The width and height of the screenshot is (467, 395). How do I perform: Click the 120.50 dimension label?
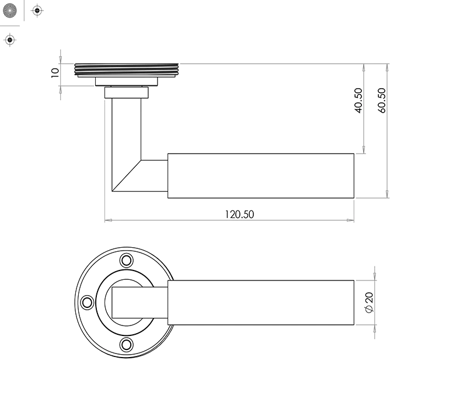pyautogui.click(x=240, y=215)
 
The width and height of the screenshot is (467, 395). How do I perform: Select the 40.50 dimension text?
pyautogui.click(x=358, y=100)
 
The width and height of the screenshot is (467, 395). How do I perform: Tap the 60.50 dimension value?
pyautogui.click(x=382, y=100)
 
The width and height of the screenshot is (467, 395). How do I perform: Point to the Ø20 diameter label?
pyautogui.click(x=369, y=302)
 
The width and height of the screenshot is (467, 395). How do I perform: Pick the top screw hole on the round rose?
pyautogui.click(x=126, y=260)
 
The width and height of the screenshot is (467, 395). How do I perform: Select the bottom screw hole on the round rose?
pyautogui.click(x=126, y=344)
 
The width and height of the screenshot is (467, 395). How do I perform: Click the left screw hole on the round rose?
pyautogui.click(x=86, y=302)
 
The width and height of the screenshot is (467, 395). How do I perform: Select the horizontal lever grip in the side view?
pyautogui.click(x=260, y=175)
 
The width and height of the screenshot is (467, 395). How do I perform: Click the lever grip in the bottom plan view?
pyautogui.click(x=263, y=302)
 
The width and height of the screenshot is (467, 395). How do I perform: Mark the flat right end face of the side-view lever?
pyautogui.click(x=353, y=175)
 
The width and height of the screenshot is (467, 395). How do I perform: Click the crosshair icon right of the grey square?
pyautogui.click(x=37, y=11)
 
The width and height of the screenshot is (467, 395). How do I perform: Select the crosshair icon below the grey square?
pyautogui.click(x=10, y=40)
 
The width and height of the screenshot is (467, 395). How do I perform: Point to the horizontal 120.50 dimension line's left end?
pyautogui.click(x=105, y=221)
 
